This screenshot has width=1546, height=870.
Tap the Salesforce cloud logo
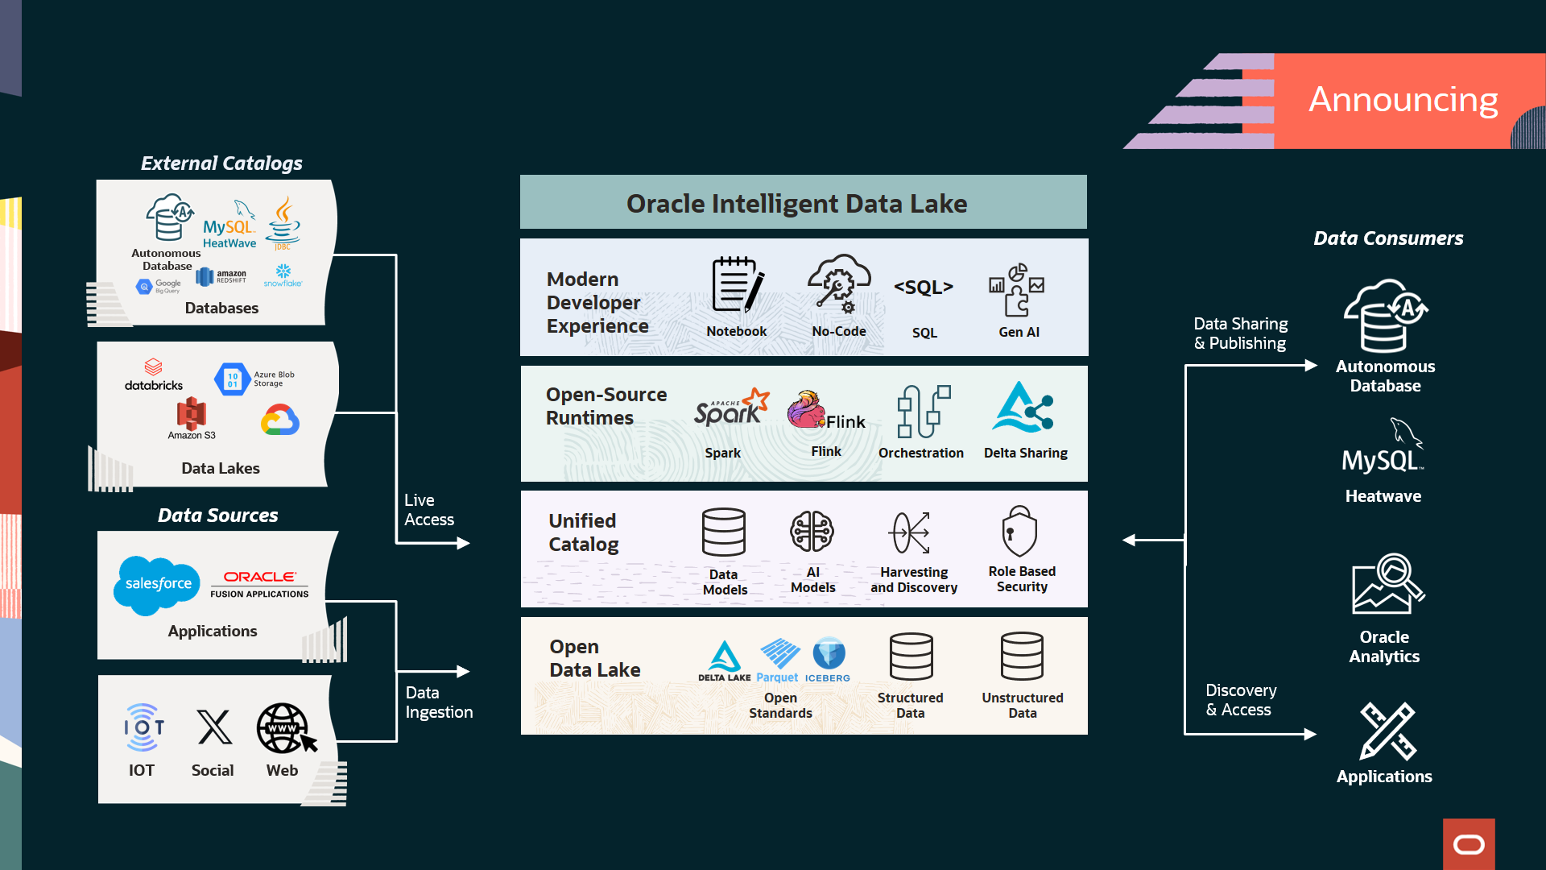pyautogui.click(x=157, y=584)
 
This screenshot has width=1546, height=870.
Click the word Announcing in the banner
pyautogui.click(x=1403, y=100)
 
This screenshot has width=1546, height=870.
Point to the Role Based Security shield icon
pyautogui.click(x=1019, y=532)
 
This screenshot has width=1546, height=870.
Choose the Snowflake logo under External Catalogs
pyautogui.click(x=283, y=274)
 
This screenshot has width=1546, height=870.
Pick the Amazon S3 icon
pyautogui.click(x=192, y=415)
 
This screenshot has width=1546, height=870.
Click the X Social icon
pyautogui.click(x=214, y=727)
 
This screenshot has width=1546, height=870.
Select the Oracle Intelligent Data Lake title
pyautogui.click(x=796, y=204)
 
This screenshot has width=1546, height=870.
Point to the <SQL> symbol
pyautogui.click(x=924, y=288)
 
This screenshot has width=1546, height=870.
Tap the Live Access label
pyautogui.click(x=428, y=510)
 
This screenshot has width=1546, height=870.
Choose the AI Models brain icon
pyautogui.click(x=812, y=532)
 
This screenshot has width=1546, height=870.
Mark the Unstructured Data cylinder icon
pyautogui.click(x=1022, y=657)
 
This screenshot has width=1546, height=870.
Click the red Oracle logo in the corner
pyautogui.click(x=1469, y=844)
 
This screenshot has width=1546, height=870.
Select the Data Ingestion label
pyautogui.click(x=439, y=702)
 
